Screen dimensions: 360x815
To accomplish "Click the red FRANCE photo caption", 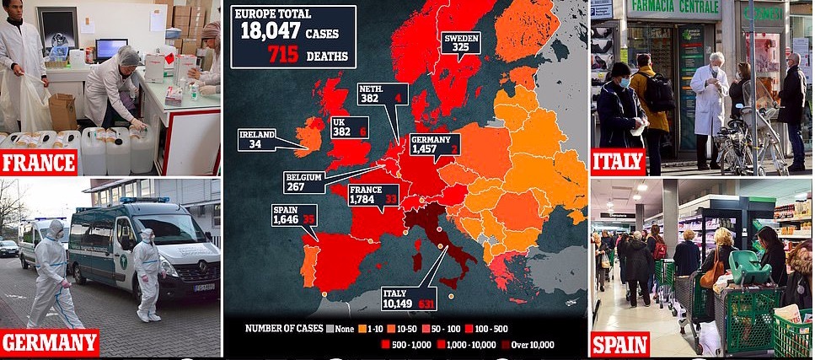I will pos(40,161).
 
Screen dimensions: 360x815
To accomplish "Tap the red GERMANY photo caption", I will pos(49,343).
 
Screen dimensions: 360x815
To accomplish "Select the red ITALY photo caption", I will pos(618,161).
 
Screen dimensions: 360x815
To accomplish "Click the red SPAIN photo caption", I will pos(619,343).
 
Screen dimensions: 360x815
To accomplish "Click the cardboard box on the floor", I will pos(62,112).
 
